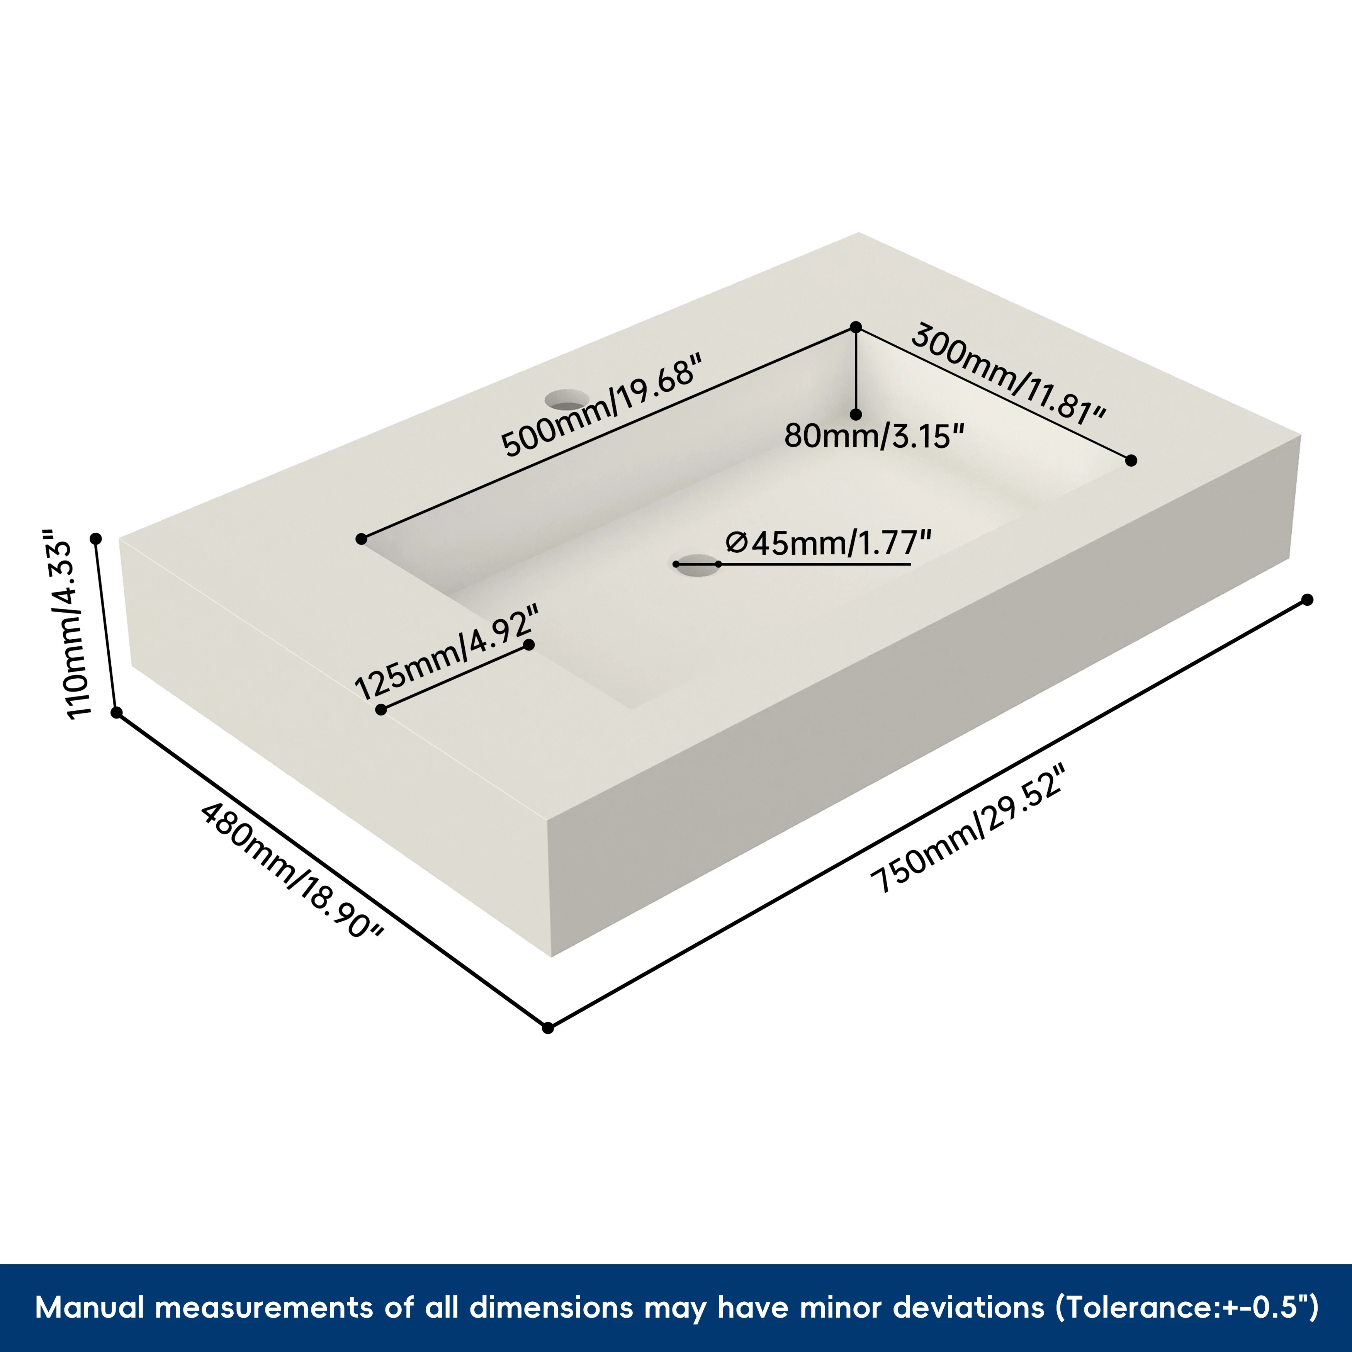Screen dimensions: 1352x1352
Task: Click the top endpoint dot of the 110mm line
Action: tap(97, 538)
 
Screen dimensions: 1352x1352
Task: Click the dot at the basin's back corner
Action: tap(855, 327)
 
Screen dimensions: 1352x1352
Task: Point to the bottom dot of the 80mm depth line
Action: tap(855, 414)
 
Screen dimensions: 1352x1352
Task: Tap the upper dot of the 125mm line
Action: tap(529, 644)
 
